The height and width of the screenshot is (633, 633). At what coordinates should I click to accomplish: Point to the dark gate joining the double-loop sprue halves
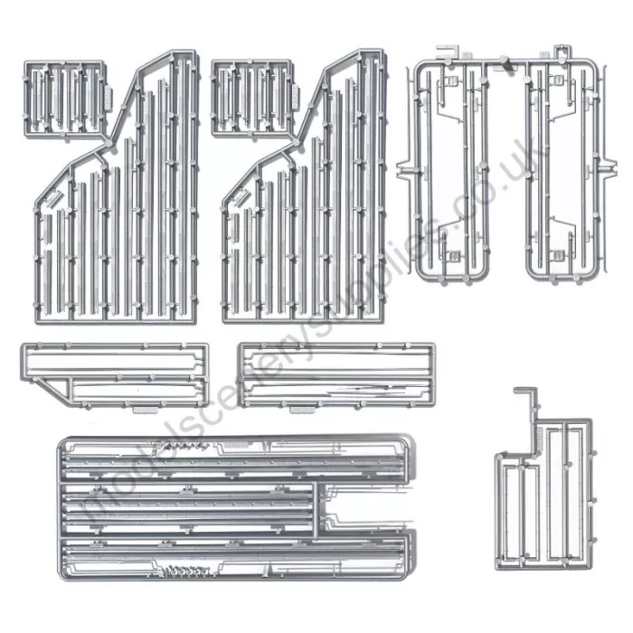509,66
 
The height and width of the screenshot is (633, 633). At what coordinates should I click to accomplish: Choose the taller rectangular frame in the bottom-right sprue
572,493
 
